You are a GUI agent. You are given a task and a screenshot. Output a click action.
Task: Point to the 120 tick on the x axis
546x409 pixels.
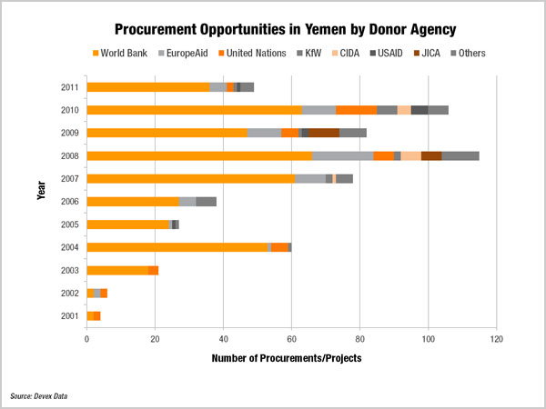496,340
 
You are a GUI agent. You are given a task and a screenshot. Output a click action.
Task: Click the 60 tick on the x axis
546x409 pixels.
291,340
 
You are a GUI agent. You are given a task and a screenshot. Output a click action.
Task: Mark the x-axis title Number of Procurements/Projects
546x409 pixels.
287,358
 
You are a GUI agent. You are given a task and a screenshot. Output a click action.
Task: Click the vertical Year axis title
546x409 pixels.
42,202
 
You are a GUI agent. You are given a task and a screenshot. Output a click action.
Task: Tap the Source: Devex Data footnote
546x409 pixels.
39,396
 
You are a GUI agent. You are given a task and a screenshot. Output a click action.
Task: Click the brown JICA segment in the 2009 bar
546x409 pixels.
324,133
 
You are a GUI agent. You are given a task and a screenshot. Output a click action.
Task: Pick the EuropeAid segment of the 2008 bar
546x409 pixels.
342,155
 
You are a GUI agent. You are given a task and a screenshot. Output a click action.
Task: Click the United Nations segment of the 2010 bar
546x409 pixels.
356,110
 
